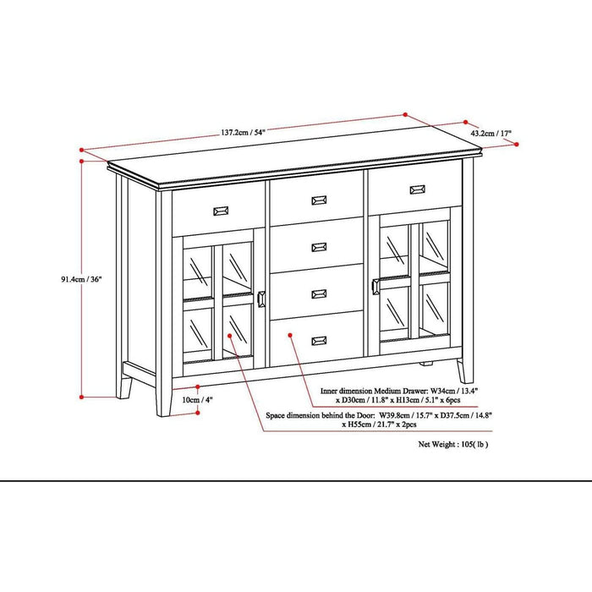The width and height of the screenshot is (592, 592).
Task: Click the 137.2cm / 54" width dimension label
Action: pos(243,133)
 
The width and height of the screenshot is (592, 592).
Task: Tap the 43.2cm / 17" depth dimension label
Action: pos(491,134)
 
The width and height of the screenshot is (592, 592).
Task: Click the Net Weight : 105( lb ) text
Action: pos(453,443)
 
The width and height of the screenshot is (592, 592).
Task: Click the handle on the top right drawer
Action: pos(417,189)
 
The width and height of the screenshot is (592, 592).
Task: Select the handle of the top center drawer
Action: pos(319,200)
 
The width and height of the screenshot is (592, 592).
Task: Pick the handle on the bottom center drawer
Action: pos(319,340)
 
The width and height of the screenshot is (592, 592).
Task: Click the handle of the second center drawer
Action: pos(319,247)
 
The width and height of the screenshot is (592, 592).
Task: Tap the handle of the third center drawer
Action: pos(319,293)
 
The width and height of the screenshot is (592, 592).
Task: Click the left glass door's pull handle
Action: pos(260,299)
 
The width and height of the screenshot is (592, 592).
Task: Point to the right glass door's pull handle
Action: pos(374,284)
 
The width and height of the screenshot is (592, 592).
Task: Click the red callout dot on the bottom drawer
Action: pos(290,335)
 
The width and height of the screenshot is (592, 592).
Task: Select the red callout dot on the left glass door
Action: pos(232,337)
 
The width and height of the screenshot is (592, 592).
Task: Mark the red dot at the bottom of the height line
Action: pos(81,395)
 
